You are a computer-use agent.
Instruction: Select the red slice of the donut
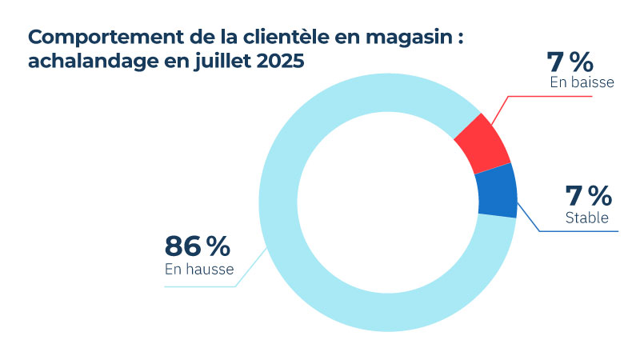tap(482, 143)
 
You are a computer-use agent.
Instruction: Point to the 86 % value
tap(198, 246)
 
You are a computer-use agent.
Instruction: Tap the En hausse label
tap(199, 270)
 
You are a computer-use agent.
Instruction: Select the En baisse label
tap(582, 82)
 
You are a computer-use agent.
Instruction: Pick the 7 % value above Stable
tap(588, 195)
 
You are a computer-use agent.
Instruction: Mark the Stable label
tap(587, 217)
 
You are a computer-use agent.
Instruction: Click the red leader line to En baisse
tap(552, 97)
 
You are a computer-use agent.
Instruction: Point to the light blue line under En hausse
tap(200, 286)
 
